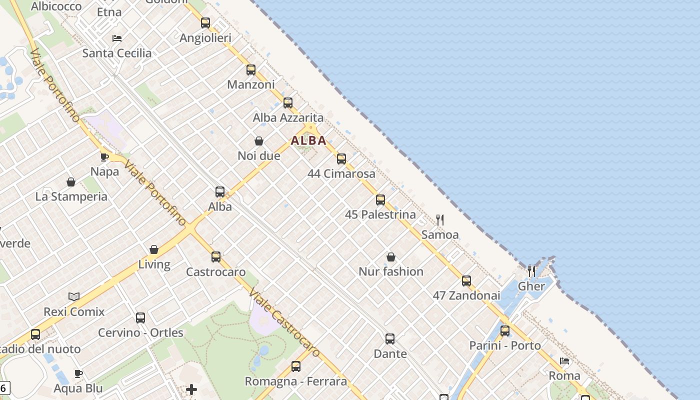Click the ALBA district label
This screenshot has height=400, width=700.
pos(308,140)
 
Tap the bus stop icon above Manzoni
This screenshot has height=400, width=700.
pos(251,70)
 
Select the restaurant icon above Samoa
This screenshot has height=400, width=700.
pos(440,219)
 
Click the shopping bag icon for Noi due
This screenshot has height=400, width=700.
pos(259,141)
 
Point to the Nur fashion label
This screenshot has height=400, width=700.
pos(391,271)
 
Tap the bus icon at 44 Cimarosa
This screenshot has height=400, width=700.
pos(341,159)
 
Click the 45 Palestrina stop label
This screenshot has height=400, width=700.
pos(380,214)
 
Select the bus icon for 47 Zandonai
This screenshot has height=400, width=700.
pos(466,281)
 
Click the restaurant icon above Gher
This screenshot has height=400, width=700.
pos(531,271)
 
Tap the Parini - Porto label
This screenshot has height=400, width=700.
pos(505,345)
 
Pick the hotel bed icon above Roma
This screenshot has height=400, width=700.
pos(564,361)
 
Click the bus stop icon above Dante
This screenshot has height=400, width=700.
pos(390,339)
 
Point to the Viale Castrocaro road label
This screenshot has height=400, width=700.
pos(283,323)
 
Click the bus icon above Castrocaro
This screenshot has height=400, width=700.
pos(216,257)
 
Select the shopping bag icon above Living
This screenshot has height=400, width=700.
pos(154,249)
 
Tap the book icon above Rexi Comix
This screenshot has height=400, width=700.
pos(74,297)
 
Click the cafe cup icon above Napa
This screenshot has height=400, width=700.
pos(104,157)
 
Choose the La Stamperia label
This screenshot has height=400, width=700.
pos(71,196)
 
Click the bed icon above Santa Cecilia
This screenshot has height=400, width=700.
pos(117,38)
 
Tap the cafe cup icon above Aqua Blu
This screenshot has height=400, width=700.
pos(78,373)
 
